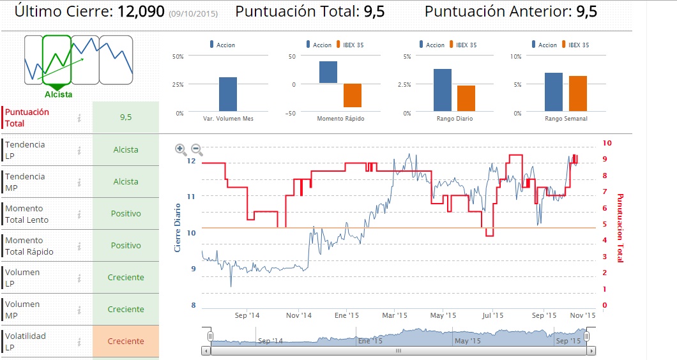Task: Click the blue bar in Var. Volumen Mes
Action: pos(227,94)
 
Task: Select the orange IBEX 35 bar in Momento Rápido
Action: pos(352,95)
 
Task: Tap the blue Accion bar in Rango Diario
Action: pos(442,90)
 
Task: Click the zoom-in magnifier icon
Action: pos(181,150)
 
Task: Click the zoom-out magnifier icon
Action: pos(197,150)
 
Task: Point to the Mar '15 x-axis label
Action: pos(394,315)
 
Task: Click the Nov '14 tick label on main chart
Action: pos(298,315)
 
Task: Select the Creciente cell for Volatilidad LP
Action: pos(126,341)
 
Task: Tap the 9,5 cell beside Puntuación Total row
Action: pos(126,117)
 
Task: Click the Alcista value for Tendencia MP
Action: pos(126,182)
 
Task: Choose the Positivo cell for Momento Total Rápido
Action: pos(126,246)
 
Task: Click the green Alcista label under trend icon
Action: pos(58,94)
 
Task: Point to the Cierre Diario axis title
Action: pos(178,227)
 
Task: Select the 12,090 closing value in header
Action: pos(142,11)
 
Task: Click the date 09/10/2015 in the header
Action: pos(194,13)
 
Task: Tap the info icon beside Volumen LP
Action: pos(80,278)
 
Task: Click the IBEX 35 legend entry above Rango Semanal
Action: pos(578,45)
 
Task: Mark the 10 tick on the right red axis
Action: pos(607,143)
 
